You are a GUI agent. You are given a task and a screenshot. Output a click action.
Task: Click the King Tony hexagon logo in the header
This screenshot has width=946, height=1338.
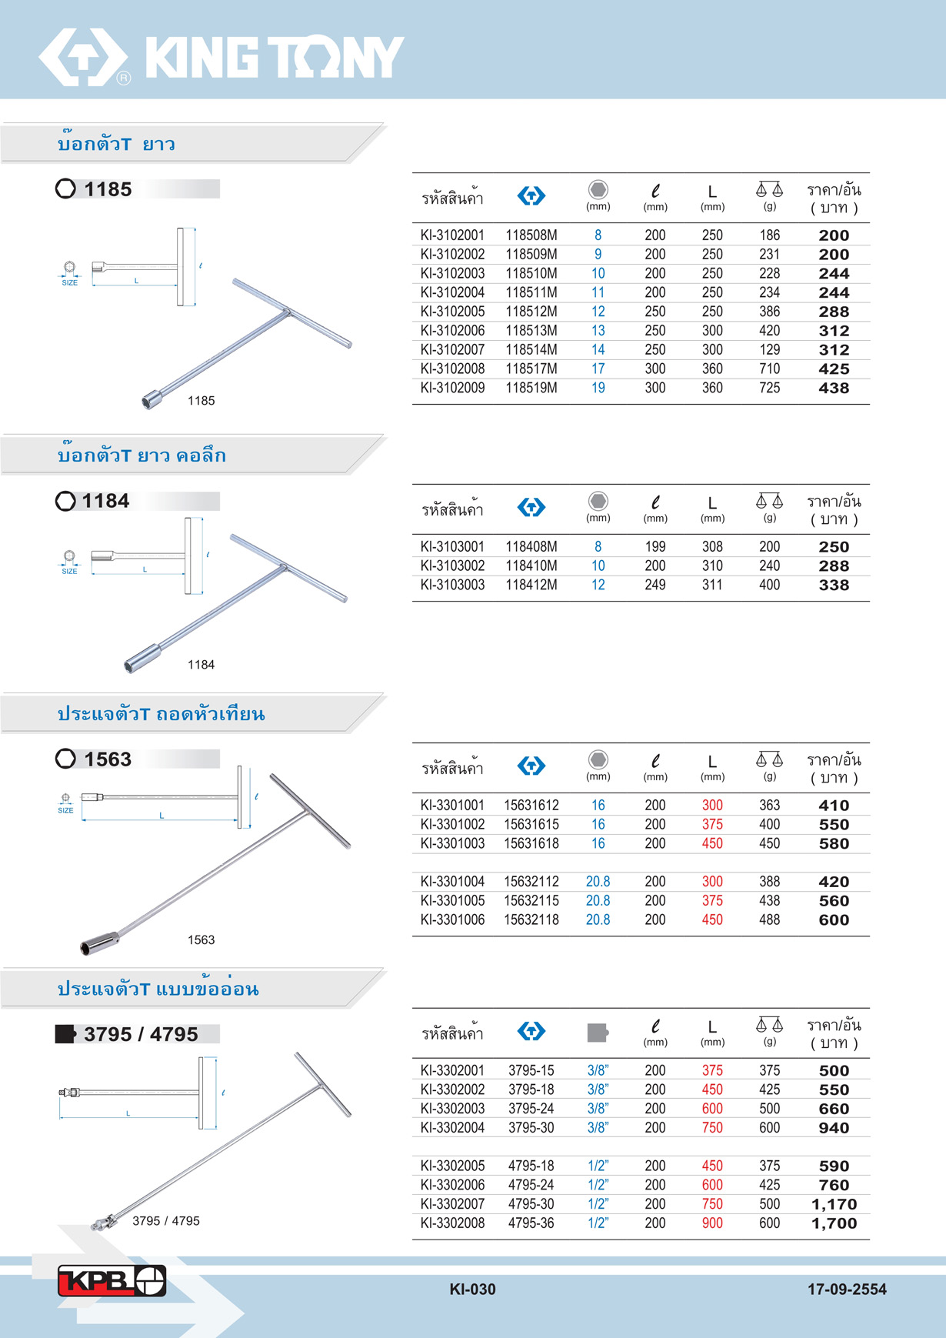pos(83,57)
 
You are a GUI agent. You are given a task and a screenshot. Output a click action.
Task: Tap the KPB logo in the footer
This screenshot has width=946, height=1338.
pos(112,1281)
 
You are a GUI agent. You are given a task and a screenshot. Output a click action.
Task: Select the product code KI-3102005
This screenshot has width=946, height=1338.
pos(452,312)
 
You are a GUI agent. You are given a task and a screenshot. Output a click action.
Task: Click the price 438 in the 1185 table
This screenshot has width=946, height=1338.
pos(834,389)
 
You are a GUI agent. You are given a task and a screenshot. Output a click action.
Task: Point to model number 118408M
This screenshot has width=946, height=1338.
pos(531,547)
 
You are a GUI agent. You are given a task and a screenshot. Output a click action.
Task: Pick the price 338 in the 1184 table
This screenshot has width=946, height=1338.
pos(834,586)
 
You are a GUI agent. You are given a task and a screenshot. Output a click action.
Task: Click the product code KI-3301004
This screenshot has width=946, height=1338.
pos(452,882)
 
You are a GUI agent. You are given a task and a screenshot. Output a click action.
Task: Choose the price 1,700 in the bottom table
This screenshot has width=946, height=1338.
pos(834,1223)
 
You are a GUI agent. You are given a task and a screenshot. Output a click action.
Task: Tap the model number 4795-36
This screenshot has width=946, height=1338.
pos(531,1223)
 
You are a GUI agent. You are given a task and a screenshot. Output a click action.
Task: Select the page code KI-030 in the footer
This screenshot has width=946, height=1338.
pos(472,1290)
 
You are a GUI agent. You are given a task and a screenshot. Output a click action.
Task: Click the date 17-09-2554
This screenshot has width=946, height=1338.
pos(847,1290)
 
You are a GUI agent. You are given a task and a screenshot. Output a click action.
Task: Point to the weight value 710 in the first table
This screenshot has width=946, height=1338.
pos(769,369)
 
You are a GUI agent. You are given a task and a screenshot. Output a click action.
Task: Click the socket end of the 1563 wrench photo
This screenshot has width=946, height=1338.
pos(99,943)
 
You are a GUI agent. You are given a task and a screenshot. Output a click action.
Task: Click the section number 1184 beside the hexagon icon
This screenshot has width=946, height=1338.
pos(106,501)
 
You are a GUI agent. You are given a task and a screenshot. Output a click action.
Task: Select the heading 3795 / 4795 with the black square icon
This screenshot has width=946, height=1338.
pos(141,1034)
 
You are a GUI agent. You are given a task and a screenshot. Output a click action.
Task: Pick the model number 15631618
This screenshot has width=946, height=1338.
pos(531,844)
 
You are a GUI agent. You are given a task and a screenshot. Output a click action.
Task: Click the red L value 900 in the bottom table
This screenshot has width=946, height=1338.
pos(712,1223)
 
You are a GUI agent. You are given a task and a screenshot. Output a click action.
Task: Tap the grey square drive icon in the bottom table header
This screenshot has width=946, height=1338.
pos(598,1032)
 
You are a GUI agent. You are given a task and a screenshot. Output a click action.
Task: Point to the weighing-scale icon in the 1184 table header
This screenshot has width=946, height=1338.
pos(769,501)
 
